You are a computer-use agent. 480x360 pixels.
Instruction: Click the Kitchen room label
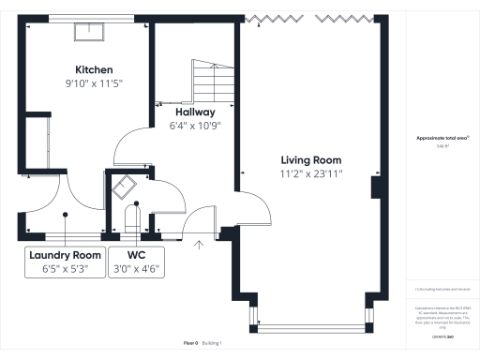coord(94,70)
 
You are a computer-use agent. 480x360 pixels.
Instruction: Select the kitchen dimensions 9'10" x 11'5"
coord(94,83)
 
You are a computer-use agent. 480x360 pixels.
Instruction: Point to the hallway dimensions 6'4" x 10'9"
coord(194,126)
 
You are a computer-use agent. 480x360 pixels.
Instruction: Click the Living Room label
coord(311,159)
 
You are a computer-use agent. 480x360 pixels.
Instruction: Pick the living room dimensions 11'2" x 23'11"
coord(311,173)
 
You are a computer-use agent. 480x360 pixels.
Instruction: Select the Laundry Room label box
coord(65,262)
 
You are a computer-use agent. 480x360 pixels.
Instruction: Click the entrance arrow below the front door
coord(198,247)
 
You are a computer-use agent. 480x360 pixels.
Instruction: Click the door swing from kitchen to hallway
coord(131,145)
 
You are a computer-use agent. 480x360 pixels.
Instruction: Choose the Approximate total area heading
coord(442,138)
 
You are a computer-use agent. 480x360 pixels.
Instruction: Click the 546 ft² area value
coord(442,146)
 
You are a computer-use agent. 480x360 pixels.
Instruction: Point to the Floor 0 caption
coord(191,343)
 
